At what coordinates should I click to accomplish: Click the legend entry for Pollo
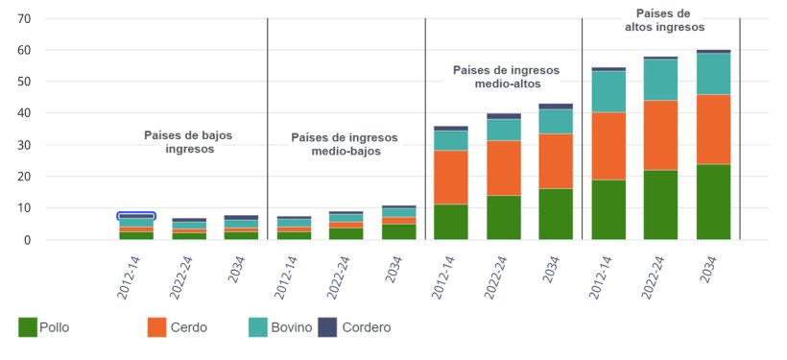43,327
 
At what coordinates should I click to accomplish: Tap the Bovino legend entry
279,327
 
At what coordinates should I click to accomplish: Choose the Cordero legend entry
354,327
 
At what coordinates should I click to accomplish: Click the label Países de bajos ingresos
188,142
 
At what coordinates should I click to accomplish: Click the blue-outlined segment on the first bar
136,216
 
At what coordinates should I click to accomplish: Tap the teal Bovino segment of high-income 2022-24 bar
660,80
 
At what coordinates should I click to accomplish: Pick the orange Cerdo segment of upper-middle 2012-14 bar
451,177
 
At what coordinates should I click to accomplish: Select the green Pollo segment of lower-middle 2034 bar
398,231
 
